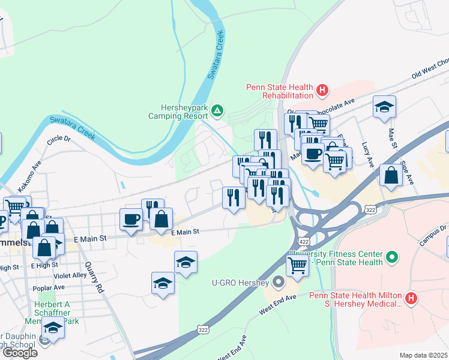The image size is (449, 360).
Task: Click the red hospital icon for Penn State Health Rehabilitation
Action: (323, 91)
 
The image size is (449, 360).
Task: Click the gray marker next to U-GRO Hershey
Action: (278, 281)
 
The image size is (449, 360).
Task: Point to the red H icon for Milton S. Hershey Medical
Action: (411, 298)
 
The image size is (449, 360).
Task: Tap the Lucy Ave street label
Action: (367, 155)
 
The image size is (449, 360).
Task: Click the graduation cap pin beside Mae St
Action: (384, 107)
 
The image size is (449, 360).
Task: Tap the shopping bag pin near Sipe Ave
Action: (391, 175)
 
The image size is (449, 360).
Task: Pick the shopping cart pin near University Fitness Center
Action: (297, 265)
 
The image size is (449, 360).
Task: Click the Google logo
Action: (20, 352)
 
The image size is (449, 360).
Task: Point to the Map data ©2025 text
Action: (423, 355)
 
